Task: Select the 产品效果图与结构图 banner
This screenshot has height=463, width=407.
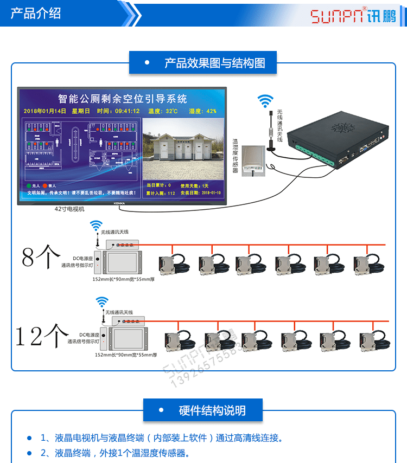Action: [x=203, y=63]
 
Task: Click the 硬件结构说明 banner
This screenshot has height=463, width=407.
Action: [x=203, y=410]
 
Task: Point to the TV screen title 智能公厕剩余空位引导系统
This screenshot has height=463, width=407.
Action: [x=122, y=99]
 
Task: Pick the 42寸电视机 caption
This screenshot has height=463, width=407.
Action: [x=69, y=209]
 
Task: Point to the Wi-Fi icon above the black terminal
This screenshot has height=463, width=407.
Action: [x=265, y=100]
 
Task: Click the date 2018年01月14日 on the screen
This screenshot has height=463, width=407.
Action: [x=50, y=111]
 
